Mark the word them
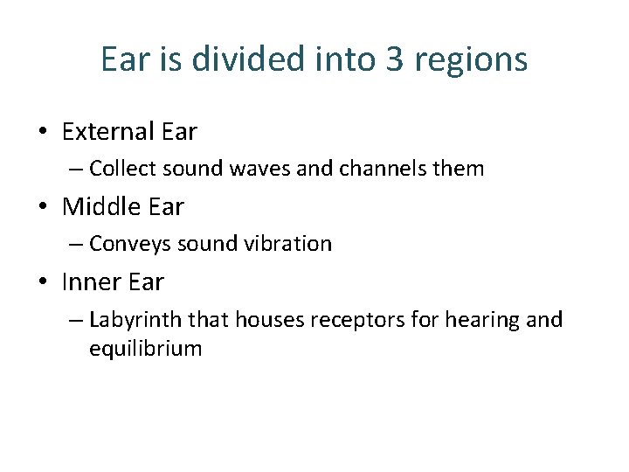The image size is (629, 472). click(x=458, y=169)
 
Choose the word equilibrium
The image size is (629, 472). click(x=145, y=350)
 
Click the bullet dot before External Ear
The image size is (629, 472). click(x=43, y=133)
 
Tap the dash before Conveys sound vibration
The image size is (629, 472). click(x=76, y=245)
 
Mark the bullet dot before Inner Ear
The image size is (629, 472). click(x=43, y=283)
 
